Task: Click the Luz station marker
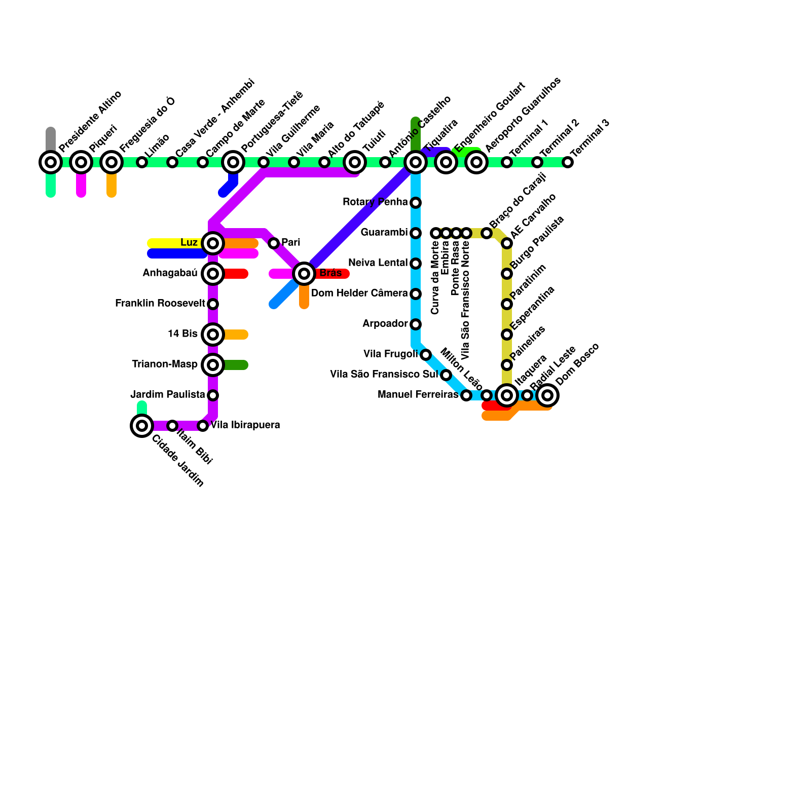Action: point(213,243)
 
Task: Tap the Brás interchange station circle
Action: point(304,274)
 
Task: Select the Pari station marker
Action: point(274,243)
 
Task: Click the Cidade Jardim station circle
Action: point(142,425)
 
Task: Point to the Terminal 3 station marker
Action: point(568,162)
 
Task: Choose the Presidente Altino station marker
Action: point(51,162)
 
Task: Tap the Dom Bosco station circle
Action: point(547,395)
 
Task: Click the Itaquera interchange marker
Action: point(507,395)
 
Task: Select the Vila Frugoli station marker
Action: point(426,355)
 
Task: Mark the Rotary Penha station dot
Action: point(416,203)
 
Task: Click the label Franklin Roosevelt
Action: point(160,304)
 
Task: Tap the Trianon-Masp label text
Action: point(165,364)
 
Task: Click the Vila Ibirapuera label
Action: point(245,425)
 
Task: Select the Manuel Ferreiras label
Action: point(418,395)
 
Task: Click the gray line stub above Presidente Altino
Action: point(51,138)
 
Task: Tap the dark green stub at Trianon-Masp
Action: point(236,365)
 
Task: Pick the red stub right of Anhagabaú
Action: point(236,274)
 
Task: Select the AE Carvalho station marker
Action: point(507,244)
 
